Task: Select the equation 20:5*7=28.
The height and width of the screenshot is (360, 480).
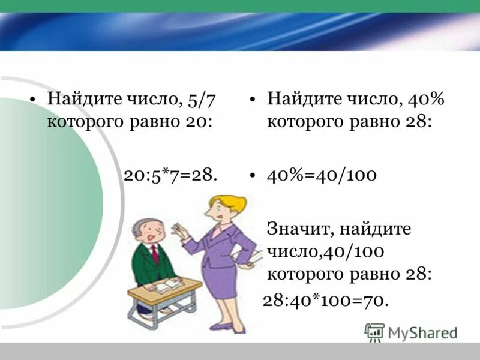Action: click(170, 175)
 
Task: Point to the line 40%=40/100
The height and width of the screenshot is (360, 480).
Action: click(322, 175)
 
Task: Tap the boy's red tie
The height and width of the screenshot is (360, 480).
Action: click(155, 254)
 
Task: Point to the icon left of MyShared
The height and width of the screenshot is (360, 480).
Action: click(374, 332)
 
